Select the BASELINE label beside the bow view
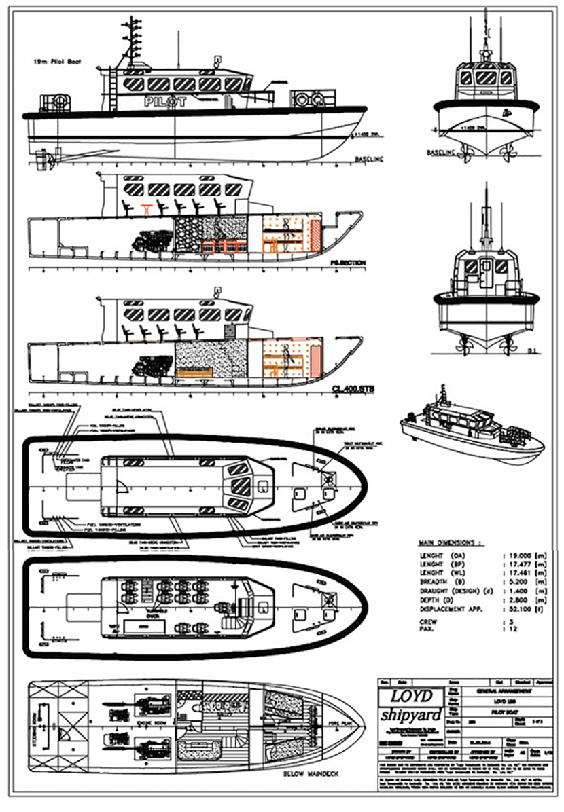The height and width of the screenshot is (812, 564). (441, 153)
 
